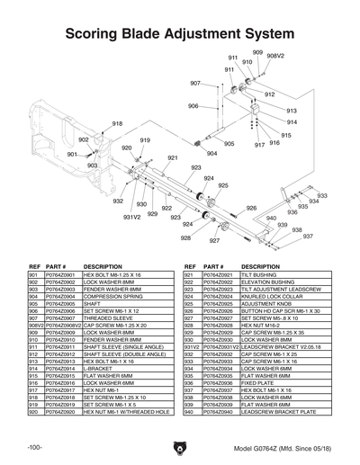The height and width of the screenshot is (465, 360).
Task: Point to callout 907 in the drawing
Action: pyautogui.click(x=195, y=83)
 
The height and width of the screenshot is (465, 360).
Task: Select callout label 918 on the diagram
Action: pyautogui.click(x=117, y=123)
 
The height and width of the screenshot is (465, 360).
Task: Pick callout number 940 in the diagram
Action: pyautogui.click(x=270, y=218)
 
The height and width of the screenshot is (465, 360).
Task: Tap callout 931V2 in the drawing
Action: pyautogui.click(x=131, y=217)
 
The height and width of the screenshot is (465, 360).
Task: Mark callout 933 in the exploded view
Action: pyautogui.click(x=322, y=195)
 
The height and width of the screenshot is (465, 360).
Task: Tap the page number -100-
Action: pyautogui.click(x=35, y=447)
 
